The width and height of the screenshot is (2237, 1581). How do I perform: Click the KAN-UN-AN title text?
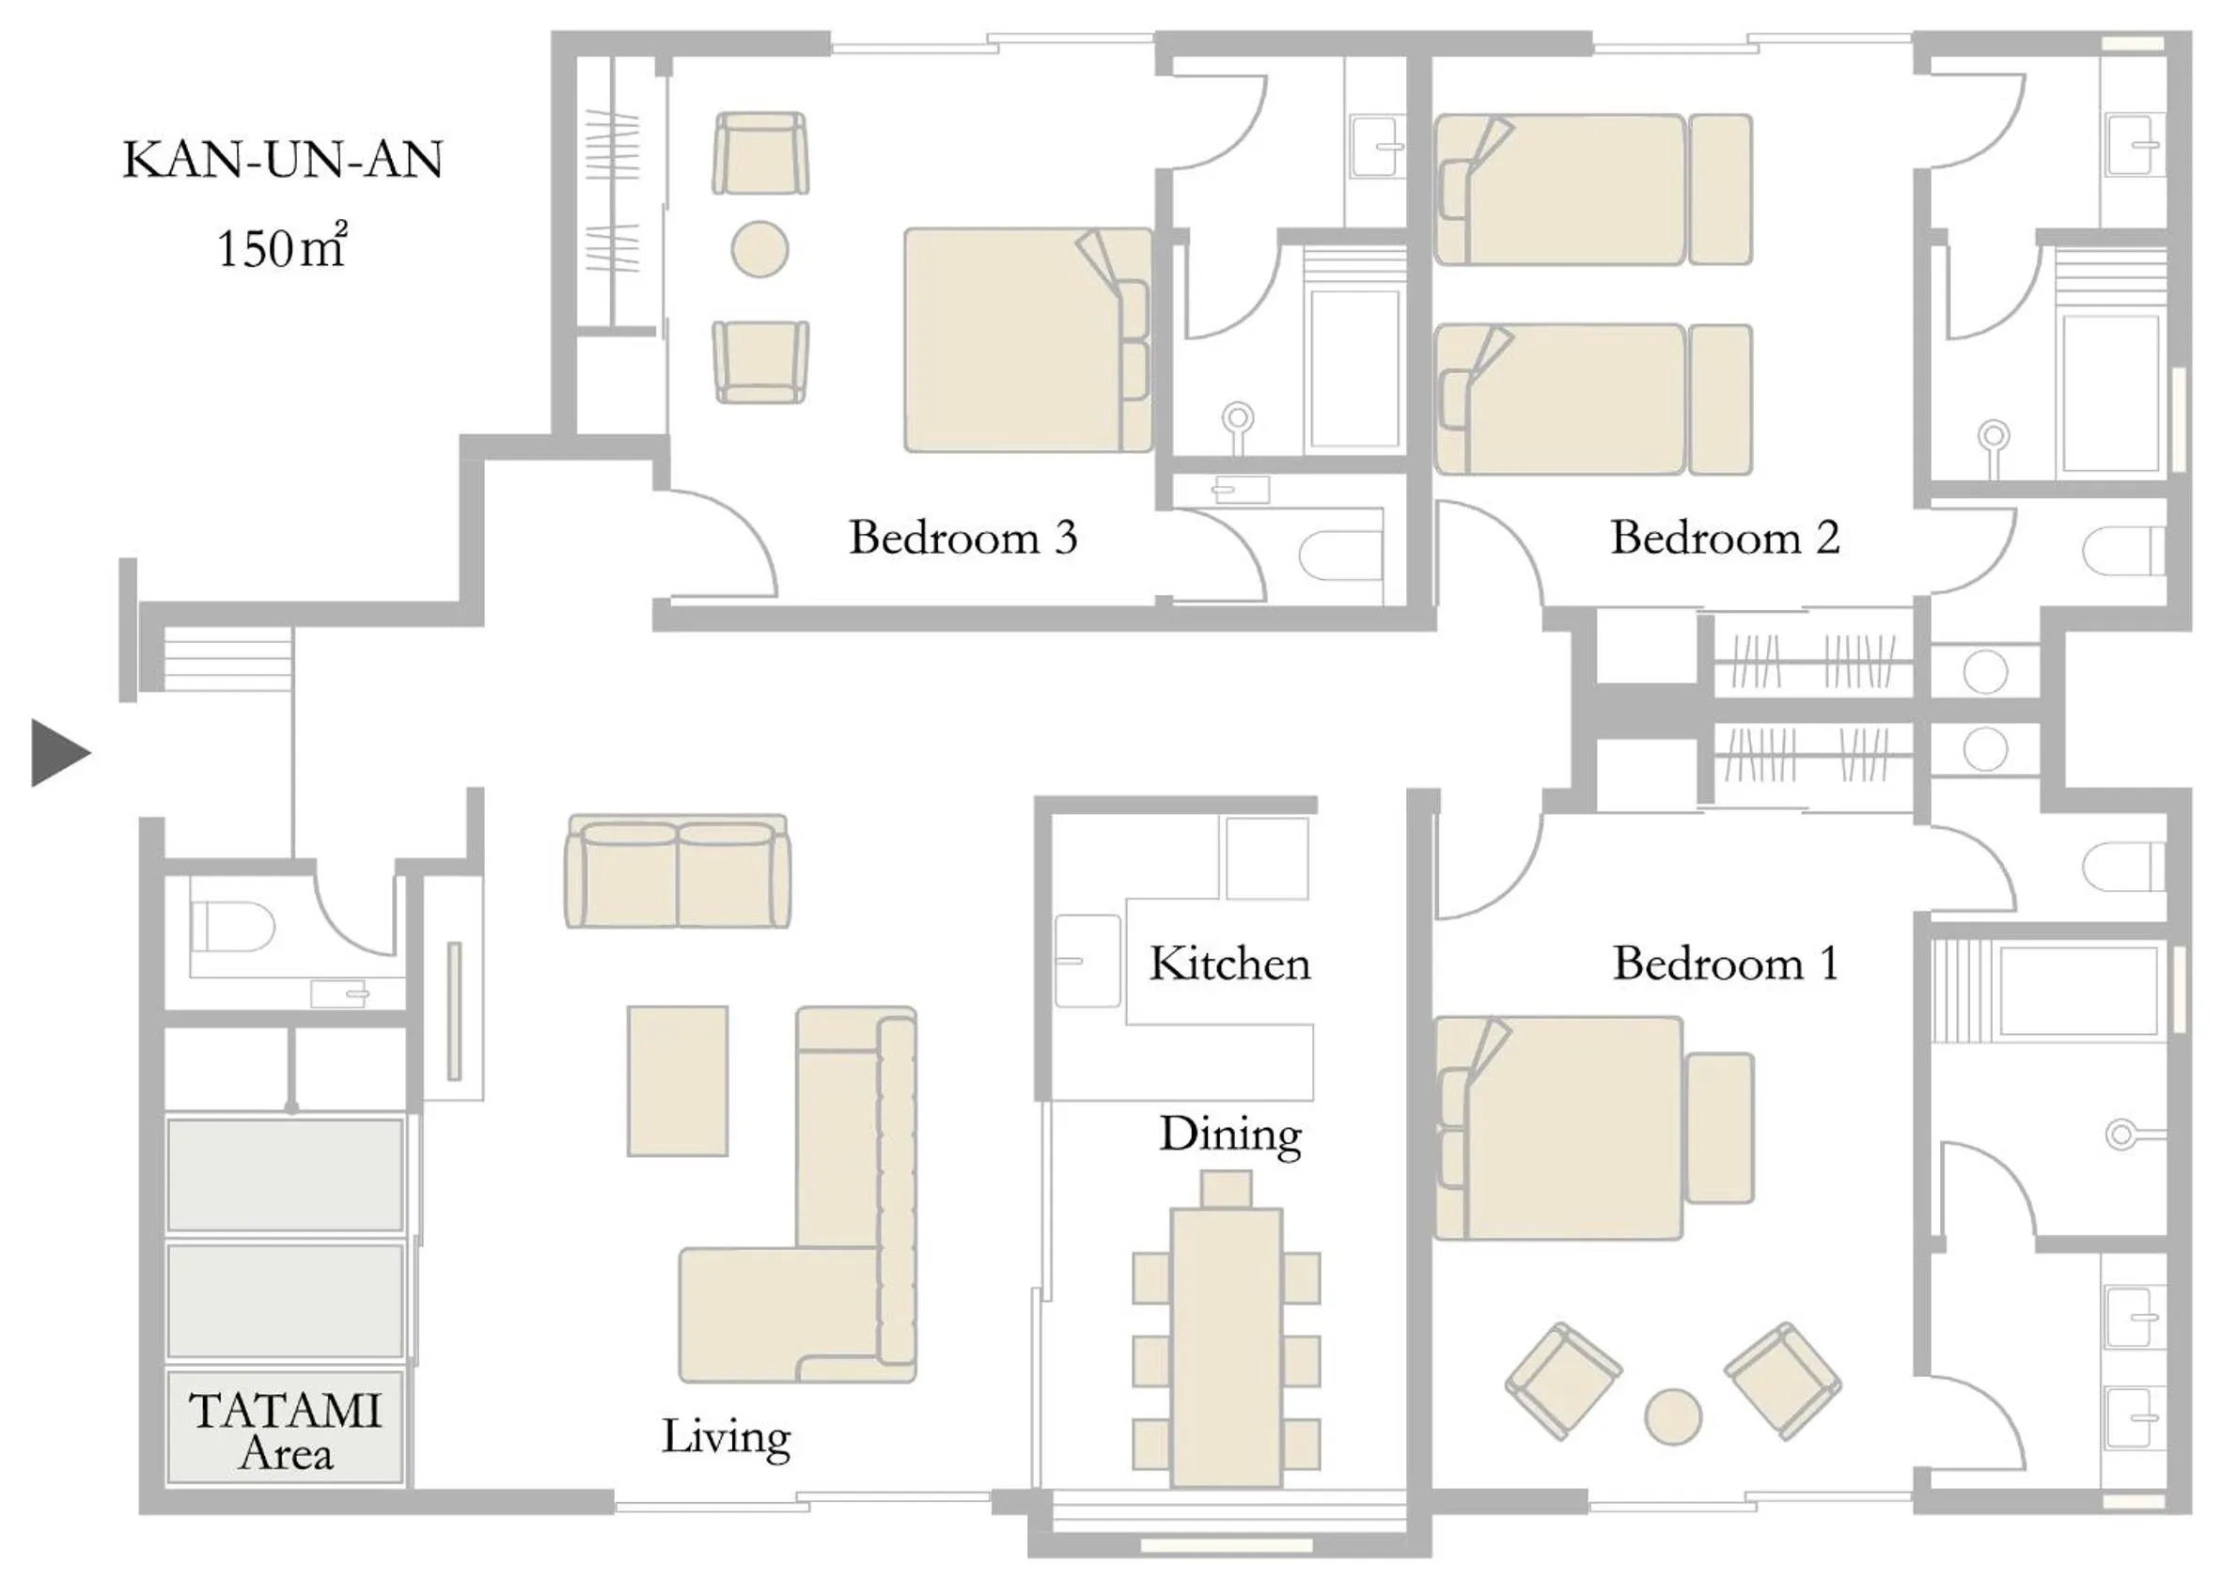[283, 160]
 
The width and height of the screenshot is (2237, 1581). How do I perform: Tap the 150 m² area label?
[281, 247]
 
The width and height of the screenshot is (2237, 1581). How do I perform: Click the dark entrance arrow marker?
[58, 752]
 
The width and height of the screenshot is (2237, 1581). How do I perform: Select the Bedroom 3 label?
[962, 538]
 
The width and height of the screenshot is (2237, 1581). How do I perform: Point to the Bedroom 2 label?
[1725, 538]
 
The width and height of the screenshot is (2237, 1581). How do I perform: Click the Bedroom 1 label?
[1725, 963]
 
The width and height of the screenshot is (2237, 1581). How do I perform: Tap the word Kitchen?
[1229, 963]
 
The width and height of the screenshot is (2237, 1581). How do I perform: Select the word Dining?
[1229, 1135]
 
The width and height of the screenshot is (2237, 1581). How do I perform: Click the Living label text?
[726, 1437]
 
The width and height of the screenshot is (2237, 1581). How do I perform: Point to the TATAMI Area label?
[285, 1430]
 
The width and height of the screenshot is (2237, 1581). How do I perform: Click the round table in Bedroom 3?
[759, 249]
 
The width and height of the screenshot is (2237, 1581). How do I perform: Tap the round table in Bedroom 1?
[1673, 1417]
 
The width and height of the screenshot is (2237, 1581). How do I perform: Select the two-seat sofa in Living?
[677, 872]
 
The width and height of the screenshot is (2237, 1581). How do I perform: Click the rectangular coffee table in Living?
[677, 1081]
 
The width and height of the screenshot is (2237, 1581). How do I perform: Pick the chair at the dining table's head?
[1226, 1189]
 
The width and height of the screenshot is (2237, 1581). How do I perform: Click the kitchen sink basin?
[1087, 962]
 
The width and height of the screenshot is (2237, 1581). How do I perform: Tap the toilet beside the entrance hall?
[234, 926]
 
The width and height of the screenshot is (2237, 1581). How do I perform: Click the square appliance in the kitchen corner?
[1267, 858]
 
